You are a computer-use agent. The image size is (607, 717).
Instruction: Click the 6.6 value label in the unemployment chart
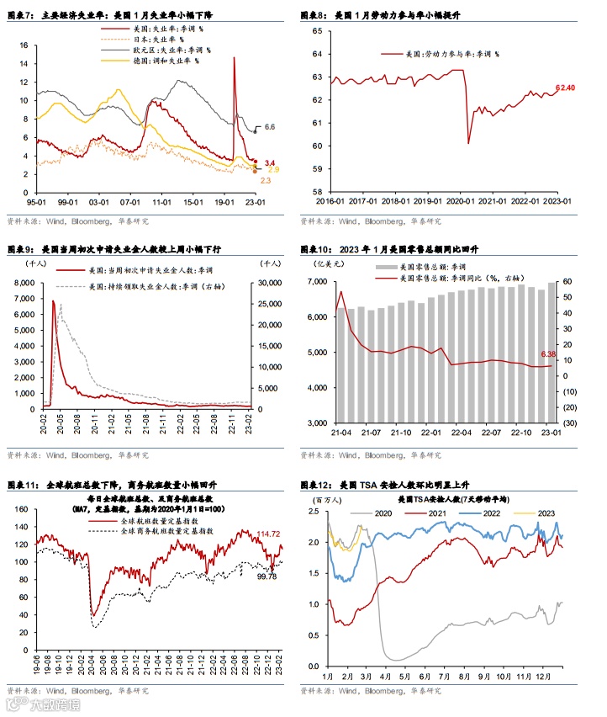click(270, 127)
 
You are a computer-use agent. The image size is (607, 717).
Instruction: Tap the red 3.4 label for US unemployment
click(270, 162)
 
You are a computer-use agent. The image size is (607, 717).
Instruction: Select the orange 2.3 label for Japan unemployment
click(266, 181)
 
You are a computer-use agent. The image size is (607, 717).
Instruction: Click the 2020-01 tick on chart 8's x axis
click(465, 202)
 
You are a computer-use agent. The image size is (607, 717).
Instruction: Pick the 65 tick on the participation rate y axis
click(316, 31)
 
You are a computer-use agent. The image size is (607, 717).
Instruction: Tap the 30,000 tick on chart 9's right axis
click(269, 281)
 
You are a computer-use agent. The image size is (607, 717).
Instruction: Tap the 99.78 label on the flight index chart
click(267, 576)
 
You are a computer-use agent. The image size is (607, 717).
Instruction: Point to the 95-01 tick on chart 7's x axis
click(36, 202)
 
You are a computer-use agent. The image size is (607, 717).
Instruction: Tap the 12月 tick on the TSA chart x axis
click(546, 676)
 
